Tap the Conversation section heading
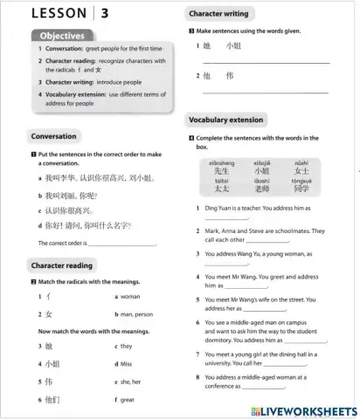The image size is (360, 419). point(53,137)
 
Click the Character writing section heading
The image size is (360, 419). point(218,14)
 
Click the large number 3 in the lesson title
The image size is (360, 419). point(105,13)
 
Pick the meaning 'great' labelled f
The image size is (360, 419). point(128,399)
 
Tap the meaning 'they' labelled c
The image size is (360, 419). point(128,346)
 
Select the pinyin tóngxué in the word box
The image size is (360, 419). point(301,180)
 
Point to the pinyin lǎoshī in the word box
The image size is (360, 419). point(261,180)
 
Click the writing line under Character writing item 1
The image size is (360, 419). point(266,62)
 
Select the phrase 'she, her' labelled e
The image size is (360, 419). point(132,381)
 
